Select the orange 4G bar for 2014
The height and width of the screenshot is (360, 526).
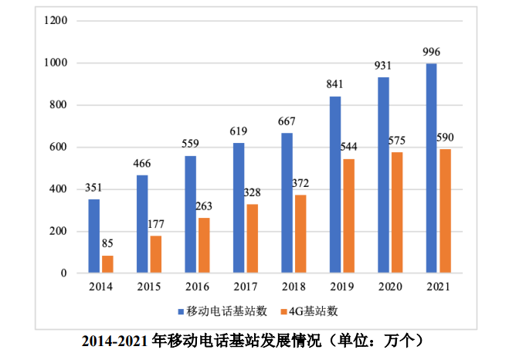point(107,264)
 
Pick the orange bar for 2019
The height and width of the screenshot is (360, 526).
point(348,216)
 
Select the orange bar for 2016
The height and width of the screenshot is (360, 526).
point(204,246)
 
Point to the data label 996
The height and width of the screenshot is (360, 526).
point(433,52)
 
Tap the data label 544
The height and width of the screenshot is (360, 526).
point(349,147)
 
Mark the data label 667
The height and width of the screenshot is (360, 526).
point(287,121)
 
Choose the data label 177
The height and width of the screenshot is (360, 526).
point(155,225)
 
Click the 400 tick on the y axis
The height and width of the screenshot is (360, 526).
point(59,189)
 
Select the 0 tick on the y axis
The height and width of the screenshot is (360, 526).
point(64,273)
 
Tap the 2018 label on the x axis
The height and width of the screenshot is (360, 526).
point(293,287)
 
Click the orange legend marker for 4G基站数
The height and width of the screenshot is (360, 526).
point(283,312)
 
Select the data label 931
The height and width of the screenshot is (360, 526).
point(384,66)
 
